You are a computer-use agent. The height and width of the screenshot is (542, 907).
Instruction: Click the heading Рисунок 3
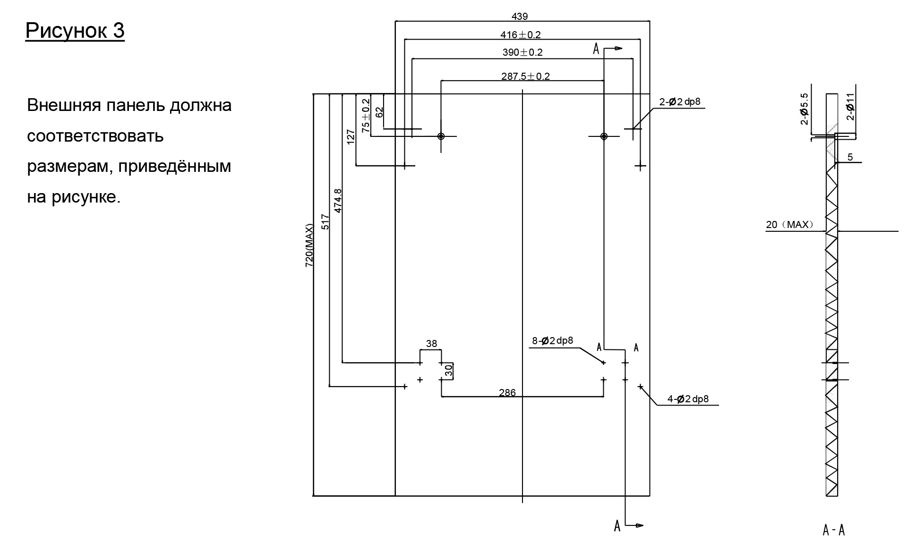click(75, 31)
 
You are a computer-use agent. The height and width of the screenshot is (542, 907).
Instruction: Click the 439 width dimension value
click(519, 17)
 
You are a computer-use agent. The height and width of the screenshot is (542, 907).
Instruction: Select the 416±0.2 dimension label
click(520, 34)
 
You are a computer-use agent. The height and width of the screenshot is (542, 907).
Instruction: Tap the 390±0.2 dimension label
click(522, 52)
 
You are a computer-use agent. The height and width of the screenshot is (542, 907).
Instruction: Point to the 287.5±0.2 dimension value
click(525, 76)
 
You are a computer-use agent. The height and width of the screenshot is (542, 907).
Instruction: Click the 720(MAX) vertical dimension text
click(309, 246)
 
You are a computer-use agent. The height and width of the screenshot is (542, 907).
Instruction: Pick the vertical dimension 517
click(325, 222)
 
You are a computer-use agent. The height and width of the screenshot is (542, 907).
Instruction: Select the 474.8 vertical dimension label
click(338, 201)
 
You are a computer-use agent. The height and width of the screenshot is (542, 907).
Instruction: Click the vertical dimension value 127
click(351, 137)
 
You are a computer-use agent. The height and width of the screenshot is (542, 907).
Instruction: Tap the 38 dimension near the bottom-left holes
click(431, 344)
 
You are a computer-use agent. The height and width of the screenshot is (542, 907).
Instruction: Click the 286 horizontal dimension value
click(507, 392)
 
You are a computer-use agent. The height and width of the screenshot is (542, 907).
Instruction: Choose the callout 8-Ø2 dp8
click(552, 341)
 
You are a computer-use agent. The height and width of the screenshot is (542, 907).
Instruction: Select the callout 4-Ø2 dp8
click(688, 399)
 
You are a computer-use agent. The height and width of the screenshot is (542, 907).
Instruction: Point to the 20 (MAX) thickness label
click(789, 225)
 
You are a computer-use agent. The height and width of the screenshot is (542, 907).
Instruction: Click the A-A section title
click(833, 530)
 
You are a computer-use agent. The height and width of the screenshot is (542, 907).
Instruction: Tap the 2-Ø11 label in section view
click(850, 107)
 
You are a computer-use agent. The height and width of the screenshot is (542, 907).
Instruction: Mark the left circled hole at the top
click(441, 136)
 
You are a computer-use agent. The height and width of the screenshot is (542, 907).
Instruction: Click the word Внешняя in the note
click(64, 105)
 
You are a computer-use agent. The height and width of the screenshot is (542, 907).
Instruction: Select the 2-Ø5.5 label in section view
click(804, 109)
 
